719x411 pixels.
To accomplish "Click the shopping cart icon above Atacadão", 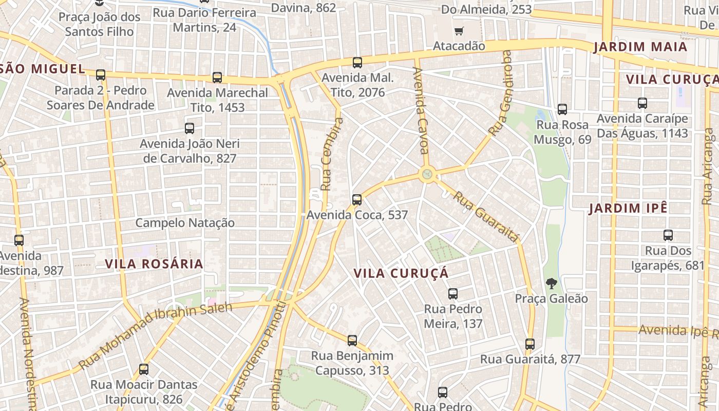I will [x=459, y=31].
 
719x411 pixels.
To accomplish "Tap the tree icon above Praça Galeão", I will [x=551, y=283].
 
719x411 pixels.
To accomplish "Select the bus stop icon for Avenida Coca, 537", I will [x=357, y=200].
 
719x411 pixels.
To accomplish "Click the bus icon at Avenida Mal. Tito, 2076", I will [x=357, y=63].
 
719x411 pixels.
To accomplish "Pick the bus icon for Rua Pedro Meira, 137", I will [x=453, y=294].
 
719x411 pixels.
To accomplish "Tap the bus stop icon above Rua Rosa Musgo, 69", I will [x=562, y=109].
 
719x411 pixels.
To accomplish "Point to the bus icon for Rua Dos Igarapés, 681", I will [x=668, y=235].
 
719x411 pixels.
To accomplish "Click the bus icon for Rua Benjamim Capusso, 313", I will [x=352, y=340].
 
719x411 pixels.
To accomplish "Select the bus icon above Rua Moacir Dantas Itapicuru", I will [x=144, y=369].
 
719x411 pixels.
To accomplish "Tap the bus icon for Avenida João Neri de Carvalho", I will [x=190, y=128].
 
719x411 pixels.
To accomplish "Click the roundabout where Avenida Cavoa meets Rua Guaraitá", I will [x=427, y=175].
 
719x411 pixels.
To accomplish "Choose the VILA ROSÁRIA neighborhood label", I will [x=154, y=264].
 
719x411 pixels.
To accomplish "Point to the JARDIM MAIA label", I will [x=640, y=47].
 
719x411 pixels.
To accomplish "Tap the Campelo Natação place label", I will [x=185, y=223].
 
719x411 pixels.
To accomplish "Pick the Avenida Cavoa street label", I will [x=420, y=110].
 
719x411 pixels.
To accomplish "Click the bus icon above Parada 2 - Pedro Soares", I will [x=101, y=75].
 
